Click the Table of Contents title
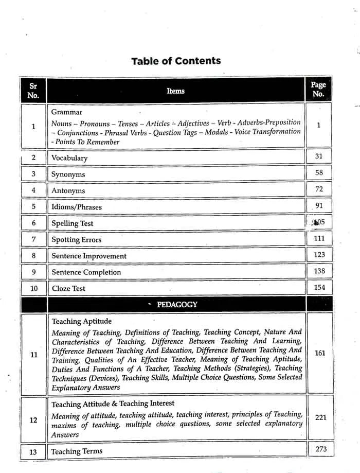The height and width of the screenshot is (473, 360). pyautogui.click(x=176, y=61)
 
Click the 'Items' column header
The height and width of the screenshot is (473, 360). pyautogui.click(x=175, y=91)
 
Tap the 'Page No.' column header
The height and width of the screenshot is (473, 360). pyautogui.click(x=318, y=90)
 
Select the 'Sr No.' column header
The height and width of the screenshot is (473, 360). pyautogui.click(x=33, y=90)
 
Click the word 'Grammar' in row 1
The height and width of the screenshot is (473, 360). pyautogui.click(x=67, y=112)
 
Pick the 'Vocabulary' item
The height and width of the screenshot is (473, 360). pyautogui.click(x=69, y=158)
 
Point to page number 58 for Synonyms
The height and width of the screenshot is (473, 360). pyautogui.click(x=319, y=173)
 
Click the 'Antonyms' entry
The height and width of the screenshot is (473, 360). pyautogui.click(x=68, y=190)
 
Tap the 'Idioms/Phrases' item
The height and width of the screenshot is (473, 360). pyautogui.click(x=77, y=207)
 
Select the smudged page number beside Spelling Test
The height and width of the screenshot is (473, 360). pyautogui.click(x=319, y=223)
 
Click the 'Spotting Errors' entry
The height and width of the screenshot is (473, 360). pyautogui.click(x=77, y=239)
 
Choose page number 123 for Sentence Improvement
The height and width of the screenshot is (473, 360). pyautogui.click(x=319, y=255)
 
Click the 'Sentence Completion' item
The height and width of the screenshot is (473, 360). pyautogui.click(x=86, y=272)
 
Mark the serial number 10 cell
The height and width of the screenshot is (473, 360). pyautogui.click(x=34, y=288)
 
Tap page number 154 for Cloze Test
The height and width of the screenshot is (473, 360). pyautogui.click(x=319, y=287)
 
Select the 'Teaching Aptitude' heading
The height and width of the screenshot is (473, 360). pyautogui.click(x=82, y=322)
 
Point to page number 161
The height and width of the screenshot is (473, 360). pyautogui.click(x=319, y=354)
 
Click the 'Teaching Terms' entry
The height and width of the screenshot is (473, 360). pyautogui.click(x=77, y=451)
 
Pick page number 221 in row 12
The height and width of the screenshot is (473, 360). pyautogui.click(x=320, y=417)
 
